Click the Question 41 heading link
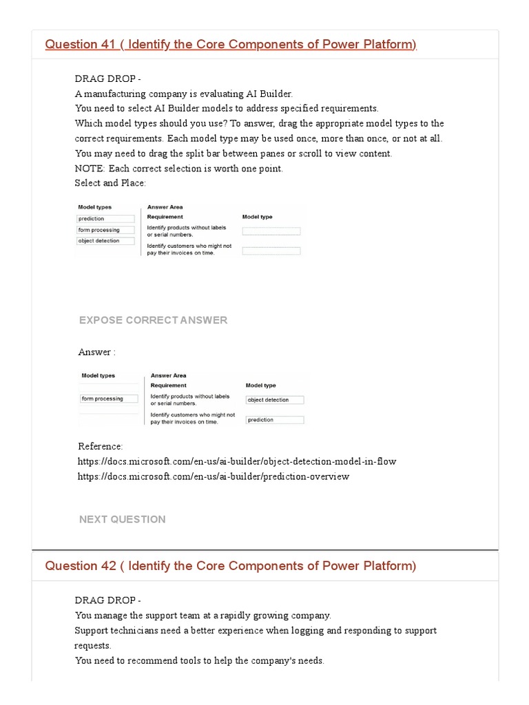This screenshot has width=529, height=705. [x=231, y=45]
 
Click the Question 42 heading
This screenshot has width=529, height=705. [x=231, y=566]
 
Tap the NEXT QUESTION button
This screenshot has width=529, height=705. [x=123, y=519]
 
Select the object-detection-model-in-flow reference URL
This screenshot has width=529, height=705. [x=237, y=461]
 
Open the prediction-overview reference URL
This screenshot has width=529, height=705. [x=214, y=476]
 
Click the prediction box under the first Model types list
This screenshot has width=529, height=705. [x=105, y=219]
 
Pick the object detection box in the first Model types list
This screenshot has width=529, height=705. [x=105, y=241]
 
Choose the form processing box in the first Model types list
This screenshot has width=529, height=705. [x=105, y=230]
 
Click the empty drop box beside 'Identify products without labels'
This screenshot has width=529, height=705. [x=271, y=231]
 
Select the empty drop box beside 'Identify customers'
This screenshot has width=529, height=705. [x=271, y=251]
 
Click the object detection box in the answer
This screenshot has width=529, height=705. [x=274, y=400]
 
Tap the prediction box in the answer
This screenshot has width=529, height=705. [x=274, y=420]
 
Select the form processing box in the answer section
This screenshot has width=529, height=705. [x=109, y=399]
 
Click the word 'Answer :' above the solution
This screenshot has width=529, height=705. [x=96, y=352]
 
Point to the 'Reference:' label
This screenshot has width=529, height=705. [x=101, y=446]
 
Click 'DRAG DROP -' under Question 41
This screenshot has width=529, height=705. [x=107, y=78]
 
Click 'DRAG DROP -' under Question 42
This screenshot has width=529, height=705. [x=107, y=600]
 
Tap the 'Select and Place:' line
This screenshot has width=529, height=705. [x=110, y=183]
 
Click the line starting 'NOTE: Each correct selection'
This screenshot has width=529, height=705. [x=178, y=169]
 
